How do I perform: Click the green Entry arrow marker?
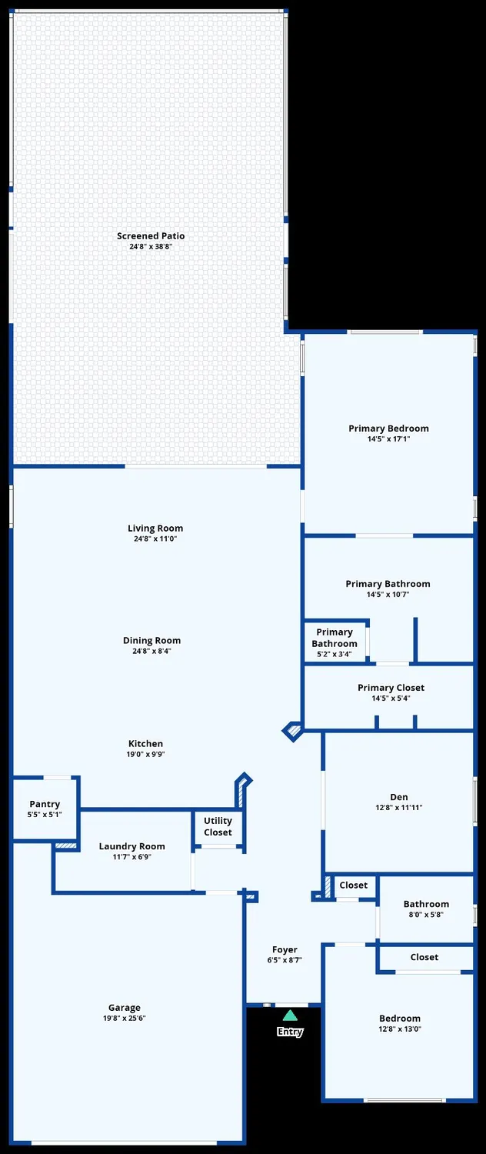[290, 1016]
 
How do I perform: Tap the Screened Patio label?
[151, 236]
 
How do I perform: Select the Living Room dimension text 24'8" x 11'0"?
[155, 539]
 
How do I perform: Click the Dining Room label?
[152, 641]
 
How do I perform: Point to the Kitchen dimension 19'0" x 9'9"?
[146, 755]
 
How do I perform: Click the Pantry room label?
[45, 804]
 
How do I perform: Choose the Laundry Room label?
[131, 846]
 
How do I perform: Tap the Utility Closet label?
[218, 826]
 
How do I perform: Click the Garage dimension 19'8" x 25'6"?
[125, 1019]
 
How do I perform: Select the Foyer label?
[285, 949]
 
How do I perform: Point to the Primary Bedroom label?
[388, 429]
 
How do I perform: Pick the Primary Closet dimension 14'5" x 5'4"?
[391, 699]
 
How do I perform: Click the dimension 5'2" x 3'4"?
[335, 655]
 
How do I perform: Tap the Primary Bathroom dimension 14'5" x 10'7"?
[388, 595]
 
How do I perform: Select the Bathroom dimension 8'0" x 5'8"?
[426, 915]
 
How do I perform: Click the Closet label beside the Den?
[354, 886]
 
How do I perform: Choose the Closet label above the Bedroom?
[424, 957]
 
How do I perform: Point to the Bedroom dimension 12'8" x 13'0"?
[400, 1029]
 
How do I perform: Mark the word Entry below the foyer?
[290, 1032]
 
